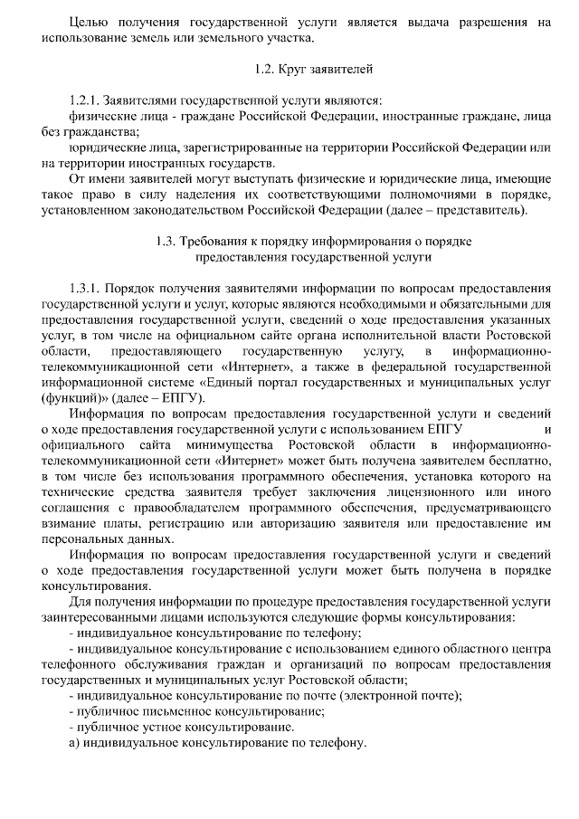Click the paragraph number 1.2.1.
click(x=87, y=100)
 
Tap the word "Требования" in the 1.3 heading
click(x=218, y=242)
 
